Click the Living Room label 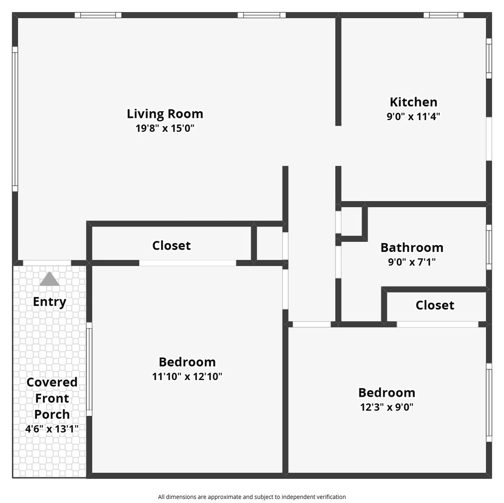(x=165, y=114)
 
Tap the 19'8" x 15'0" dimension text (x=165, y=129)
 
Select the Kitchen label (x=413, y=102)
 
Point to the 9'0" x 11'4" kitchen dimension (x=413, y=116)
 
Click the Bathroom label (x=412, y=247)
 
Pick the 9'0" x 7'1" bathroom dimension (x=412, y=262)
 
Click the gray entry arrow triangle (x=49, y=279)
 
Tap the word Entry (x=49, y=302)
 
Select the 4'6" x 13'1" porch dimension (x=52, y=429)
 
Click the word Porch (x=52, y=414)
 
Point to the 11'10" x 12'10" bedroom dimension (x=187, y=376)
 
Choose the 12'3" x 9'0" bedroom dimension (x=387, y=407)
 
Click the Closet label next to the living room (x=171, y=245)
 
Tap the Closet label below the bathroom (x=435, y=305)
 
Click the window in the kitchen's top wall (x=443, y=15)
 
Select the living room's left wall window (x=15, y=119)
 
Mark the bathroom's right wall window (x=489, y=247)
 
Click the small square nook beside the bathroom (x=351, y=221)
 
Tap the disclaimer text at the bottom (x=252, y=497)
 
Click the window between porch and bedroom (x=89, y=369)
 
